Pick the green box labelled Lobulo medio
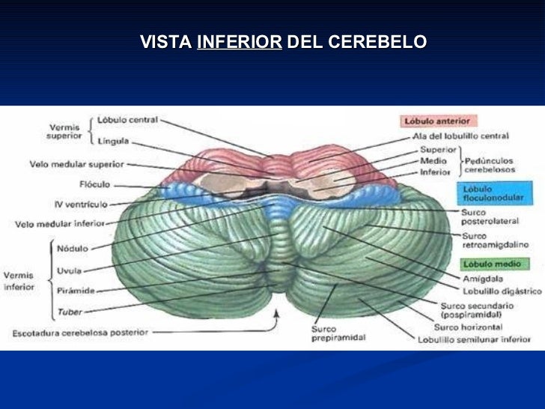[494, 264]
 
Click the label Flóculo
[94, 184]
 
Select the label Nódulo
[73, 248]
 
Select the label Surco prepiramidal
[338, 333]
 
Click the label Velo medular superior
[77, 163]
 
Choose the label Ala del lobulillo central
[460, 137]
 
